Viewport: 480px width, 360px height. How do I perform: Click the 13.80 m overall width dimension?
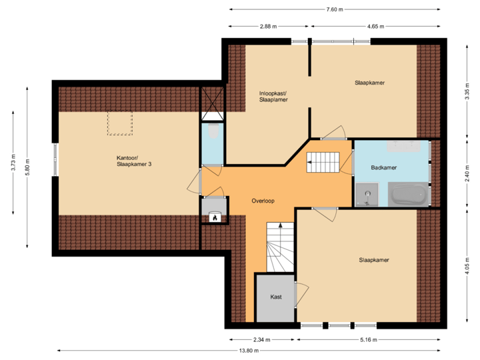point(248,351)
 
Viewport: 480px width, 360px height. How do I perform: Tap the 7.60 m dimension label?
point(335,9)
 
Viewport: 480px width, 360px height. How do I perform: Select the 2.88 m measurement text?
point(269,27)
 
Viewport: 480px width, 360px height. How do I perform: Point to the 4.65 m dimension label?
point(375,27)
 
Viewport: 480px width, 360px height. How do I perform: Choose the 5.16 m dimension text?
point(368,339)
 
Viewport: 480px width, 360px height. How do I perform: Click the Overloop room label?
point(263,200)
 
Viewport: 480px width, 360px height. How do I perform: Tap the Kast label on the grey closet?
point(275,297)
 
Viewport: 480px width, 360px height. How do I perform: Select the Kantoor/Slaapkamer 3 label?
point(129,161)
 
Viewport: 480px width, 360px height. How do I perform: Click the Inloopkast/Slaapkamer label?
point(273,97)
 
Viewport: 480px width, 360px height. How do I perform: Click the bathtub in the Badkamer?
point(407,195)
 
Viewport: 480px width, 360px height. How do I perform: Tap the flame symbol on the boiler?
point(215,216)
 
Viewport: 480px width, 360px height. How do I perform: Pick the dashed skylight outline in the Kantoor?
point(121,122)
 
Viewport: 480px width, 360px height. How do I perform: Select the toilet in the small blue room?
point(213,131)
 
